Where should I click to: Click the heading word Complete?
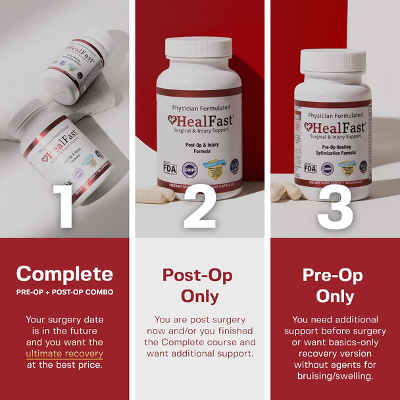click(64, 274)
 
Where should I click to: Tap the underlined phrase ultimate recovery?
click(64, 354)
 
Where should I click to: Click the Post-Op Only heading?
click(199, 285)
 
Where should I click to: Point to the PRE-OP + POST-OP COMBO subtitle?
click(64, 292)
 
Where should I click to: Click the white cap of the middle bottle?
click(199, 47)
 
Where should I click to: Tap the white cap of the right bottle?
click(333, 61)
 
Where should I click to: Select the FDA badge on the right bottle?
click(310, 168)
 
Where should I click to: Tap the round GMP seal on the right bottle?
click(327, 168)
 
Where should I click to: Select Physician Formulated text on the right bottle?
click(333, 115)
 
